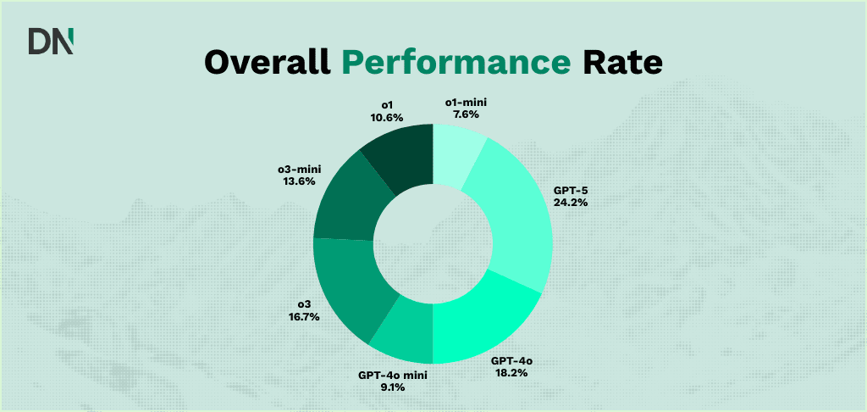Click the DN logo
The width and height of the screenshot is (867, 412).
(x=50, y=41)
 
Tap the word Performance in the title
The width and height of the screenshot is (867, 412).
(x=457, y=62)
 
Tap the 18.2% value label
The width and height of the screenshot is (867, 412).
(x=510, y=373)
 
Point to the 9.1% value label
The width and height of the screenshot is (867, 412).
(x=393, y=387)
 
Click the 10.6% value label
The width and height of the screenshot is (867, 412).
(x=386, y=117)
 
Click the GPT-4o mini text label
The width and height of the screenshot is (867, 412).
(x=393, y=375)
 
